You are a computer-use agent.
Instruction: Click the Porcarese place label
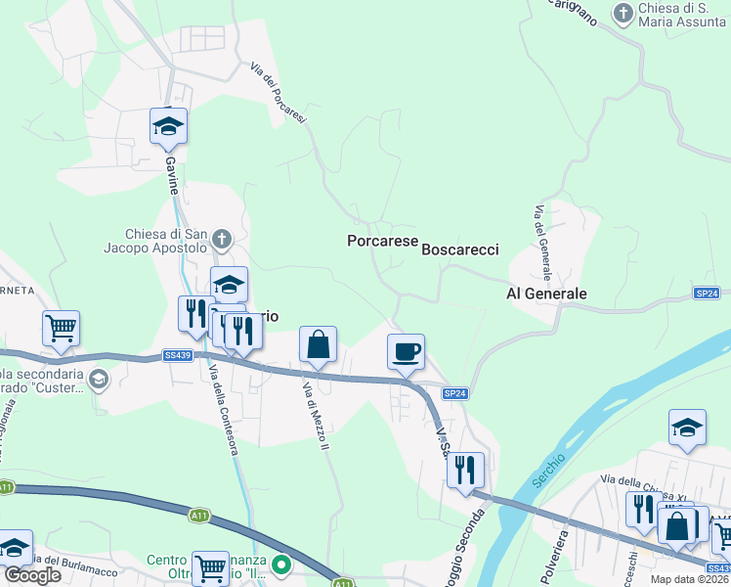coord(383,241)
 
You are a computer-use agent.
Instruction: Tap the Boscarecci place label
coord(460,249)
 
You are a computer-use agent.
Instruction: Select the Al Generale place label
coord(546,293)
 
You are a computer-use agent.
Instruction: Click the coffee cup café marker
coord(406,350)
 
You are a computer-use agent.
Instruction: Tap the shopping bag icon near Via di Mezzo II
coord(318,344)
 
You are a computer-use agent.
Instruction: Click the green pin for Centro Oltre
coord(281,565)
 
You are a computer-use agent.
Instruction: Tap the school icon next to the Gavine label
coord(168,125)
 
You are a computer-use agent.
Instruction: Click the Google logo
coord(32,575)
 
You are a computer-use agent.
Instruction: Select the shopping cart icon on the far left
coord(61,329)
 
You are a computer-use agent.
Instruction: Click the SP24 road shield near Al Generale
coord(707,293)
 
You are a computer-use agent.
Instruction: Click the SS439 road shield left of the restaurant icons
coord(178,355)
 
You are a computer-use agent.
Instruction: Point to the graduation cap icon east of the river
coord(687,427)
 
